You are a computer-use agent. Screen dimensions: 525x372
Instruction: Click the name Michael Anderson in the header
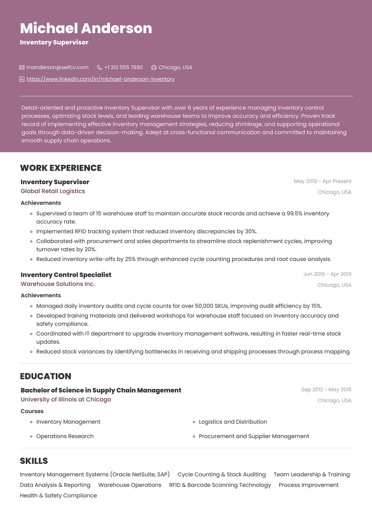pos(86,28)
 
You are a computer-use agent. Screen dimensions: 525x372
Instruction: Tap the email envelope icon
pos(22,67)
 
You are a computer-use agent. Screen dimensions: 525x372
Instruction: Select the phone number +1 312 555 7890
pos(123,67)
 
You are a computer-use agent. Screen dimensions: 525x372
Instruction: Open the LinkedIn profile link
pos(101,79)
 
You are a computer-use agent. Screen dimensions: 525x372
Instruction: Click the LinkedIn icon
pos(22,79)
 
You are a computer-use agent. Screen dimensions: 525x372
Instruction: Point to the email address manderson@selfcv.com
pos(58,67)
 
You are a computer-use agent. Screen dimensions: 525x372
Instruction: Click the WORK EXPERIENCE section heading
pos(61,168)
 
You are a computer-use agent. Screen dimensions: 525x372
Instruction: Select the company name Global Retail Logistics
pos(53,191)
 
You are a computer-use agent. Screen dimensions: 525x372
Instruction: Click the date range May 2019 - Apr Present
pos(322,181)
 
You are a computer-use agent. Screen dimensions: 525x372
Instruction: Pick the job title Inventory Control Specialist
pos(66,275)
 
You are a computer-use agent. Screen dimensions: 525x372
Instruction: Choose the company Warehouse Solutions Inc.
pos(58,284)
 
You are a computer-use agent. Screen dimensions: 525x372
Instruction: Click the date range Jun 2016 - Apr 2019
pos(327,274)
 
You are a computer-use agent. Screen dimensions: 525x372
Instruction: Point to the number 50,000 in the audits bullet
pos(204,306)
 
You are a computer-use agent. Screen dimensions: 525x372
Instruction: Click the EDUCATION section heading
pos(46,376)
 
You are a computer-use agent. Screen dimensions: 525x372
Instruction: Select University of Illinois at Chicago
pos(66,399)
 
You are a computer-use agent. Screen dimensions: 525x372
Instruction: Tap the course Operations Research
pos(65,436)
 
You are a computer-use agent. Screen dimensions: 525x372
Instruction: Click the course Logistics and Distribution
pos(233,422)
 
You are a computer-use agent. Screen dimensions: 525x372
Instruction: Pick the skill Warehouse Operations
pos(130,485)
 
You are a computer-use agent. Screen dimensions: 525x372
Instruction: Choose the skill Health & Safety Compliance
pos(58,495)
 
